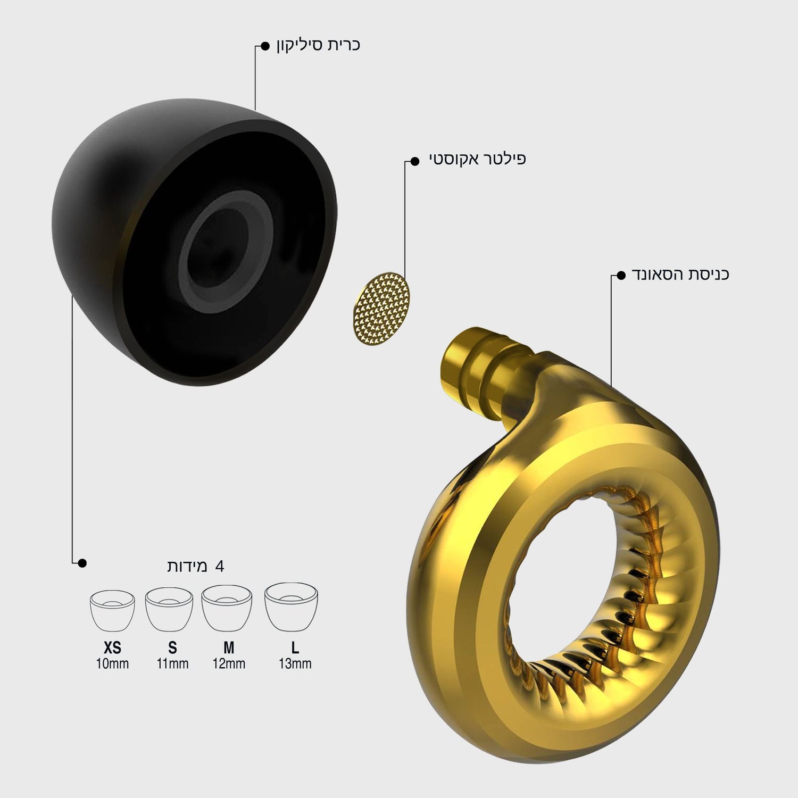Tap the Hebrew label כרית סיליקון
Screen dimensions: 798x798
[318, 45]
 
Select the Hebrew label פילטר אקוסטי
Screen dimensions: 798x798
[478, 159]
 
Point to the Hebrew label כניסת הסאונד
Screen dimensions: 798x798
[680, 274]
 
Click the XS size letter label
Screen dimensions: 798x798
[112, 648]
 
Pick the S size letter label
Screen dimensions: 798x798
[172, 648]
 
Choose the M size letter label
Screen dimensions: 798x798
[229, 648]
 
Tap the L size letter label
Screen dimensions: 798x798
[295, 648]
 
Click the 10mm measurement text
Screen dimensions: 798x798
[112, 664]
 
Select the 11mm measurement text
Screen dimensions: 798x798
[172, 664]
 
